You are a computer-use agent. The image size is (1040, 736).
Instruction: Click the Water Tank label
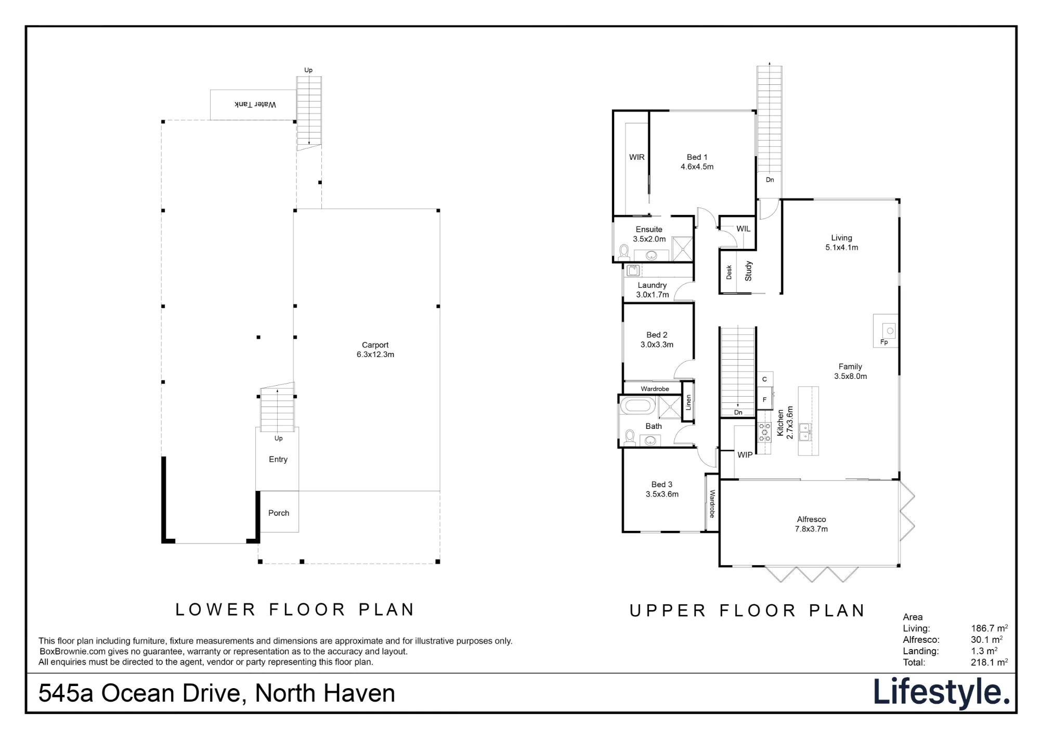tap(255, 105)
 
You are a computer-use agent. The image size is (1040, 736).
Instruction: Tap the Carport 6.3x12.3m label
tap(375, 350)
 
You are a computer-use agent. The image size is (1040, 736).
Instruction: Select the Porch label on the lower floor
tap(279, 513)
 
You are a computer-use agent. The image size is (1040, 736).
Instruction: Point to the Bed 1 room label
tap(697, 162)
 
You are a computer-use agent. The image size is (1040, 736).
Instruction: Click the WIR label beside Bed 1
tap(637, 157)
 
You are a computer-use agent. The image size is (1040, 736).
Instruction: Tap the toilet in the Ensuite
tap(624, 252)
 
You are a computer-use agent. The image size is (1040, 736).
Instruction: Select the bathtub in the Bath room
tap(638, 405)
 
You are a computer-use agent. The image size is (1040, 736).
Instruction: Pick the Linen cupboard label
tap(688, 402)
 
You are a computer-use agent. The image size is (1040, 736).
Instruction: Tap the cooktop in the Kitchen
tap(764, 432)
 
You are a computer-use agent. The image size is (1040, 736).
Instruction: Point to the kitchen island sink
tap(805, 432)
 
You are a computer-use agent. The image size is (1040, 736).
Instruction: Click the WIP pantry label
tap(745, 455)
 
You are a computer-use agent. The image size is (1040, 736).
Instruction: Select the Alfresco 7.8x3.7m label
tap(811, 524)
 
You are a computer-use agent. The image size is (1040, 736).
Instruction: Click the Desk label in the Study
tap(729, 272)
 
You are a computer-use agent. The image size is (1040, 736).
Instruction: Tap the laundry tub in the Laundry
tap(633, 270)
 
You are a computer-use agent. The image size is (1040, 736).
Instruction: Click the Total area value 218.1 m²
tap(989, 662)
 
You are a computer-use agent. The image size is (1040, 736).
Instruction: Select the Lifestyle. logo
tap(941, 692)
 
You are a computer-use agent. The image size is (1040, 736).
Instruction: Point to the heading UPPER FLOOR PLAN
tap(747, 611)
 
